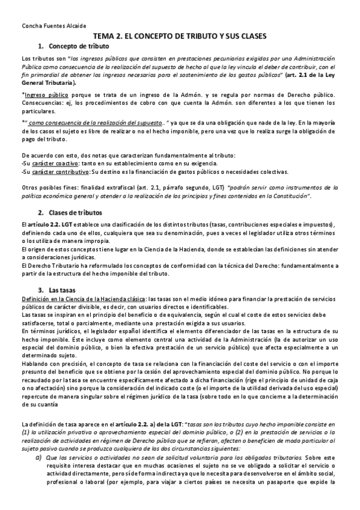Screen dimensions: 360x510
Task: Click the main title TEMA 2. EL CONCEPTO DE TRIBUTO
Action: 179,36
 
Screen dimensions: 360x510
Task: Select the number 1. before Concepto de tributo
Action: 41,46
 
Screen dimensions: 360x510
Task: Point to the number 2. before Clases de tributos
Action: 41,213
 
